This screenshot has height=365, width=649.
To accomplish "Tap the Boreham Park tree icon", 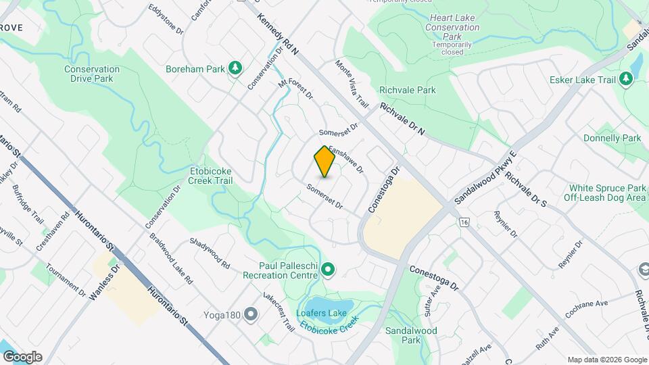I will coord(235,68).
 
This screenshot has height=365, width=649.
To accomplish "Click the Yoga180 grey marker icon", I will coord(251,314).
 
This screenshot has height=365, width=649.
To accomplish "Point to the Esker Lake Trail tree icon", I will coord(626,80).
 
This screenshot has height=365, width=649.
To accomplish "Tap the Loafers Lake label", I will coord(321,314).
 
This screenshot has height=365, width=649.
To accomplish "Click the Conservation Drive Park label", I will coord(93,74).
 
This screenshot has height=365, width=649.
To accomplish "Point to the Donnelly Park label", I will coord(612,138).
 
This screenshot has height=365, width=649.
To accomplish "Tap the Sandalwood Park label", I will coord(411,335).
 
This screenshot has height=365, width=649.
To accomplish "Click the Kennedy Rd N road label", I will coord(277,32).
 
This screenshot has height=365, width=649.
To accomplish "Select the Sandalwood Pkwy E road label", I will coord(485,178).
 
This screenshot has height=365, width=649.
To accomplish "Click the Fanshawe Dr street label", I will coord(346,158).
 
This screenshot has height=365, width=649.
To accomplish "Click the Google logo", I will coord(22,357).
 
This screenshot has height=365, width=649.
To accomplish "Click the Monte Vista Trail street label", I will coord(352,84).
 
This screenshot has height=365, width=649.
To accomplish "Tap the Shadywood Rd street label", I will coord(210,253).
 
